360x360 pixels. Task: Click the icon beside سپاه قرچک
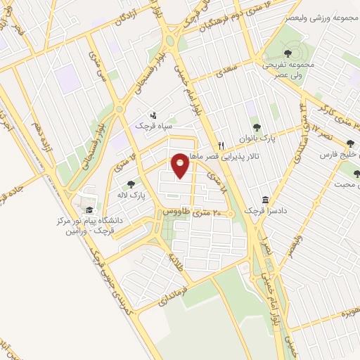tap(154, 115)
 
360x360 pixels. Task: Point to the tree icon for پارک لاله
tap(131, 185)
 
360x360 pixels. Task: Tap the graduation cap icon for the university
tap(89, 210)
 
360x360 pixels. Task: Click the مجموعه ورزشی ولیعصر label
tap(320, 15)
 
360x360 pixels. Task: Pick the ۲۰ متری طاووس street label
tap(193, 212)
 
